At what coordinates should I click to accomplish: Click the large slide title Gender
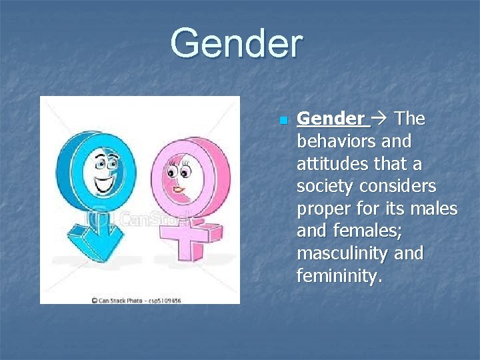(x=237, y=43)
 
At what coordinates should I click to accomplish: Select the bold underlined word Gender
(x=331, y=119)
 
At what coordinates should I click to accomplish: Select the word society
(x=322, y=187)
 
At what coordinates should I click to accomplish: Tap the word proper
(x=322, y=209)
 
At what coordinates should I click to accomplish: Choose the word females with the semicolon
(x=364, y=231)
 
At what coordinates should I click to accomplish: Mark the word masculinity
(x=343, y=254)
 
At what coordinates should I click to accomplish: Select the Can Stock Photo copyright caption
(x=136, y=300)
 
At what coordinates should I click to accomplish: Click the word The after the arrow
(x=409, y=119)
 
